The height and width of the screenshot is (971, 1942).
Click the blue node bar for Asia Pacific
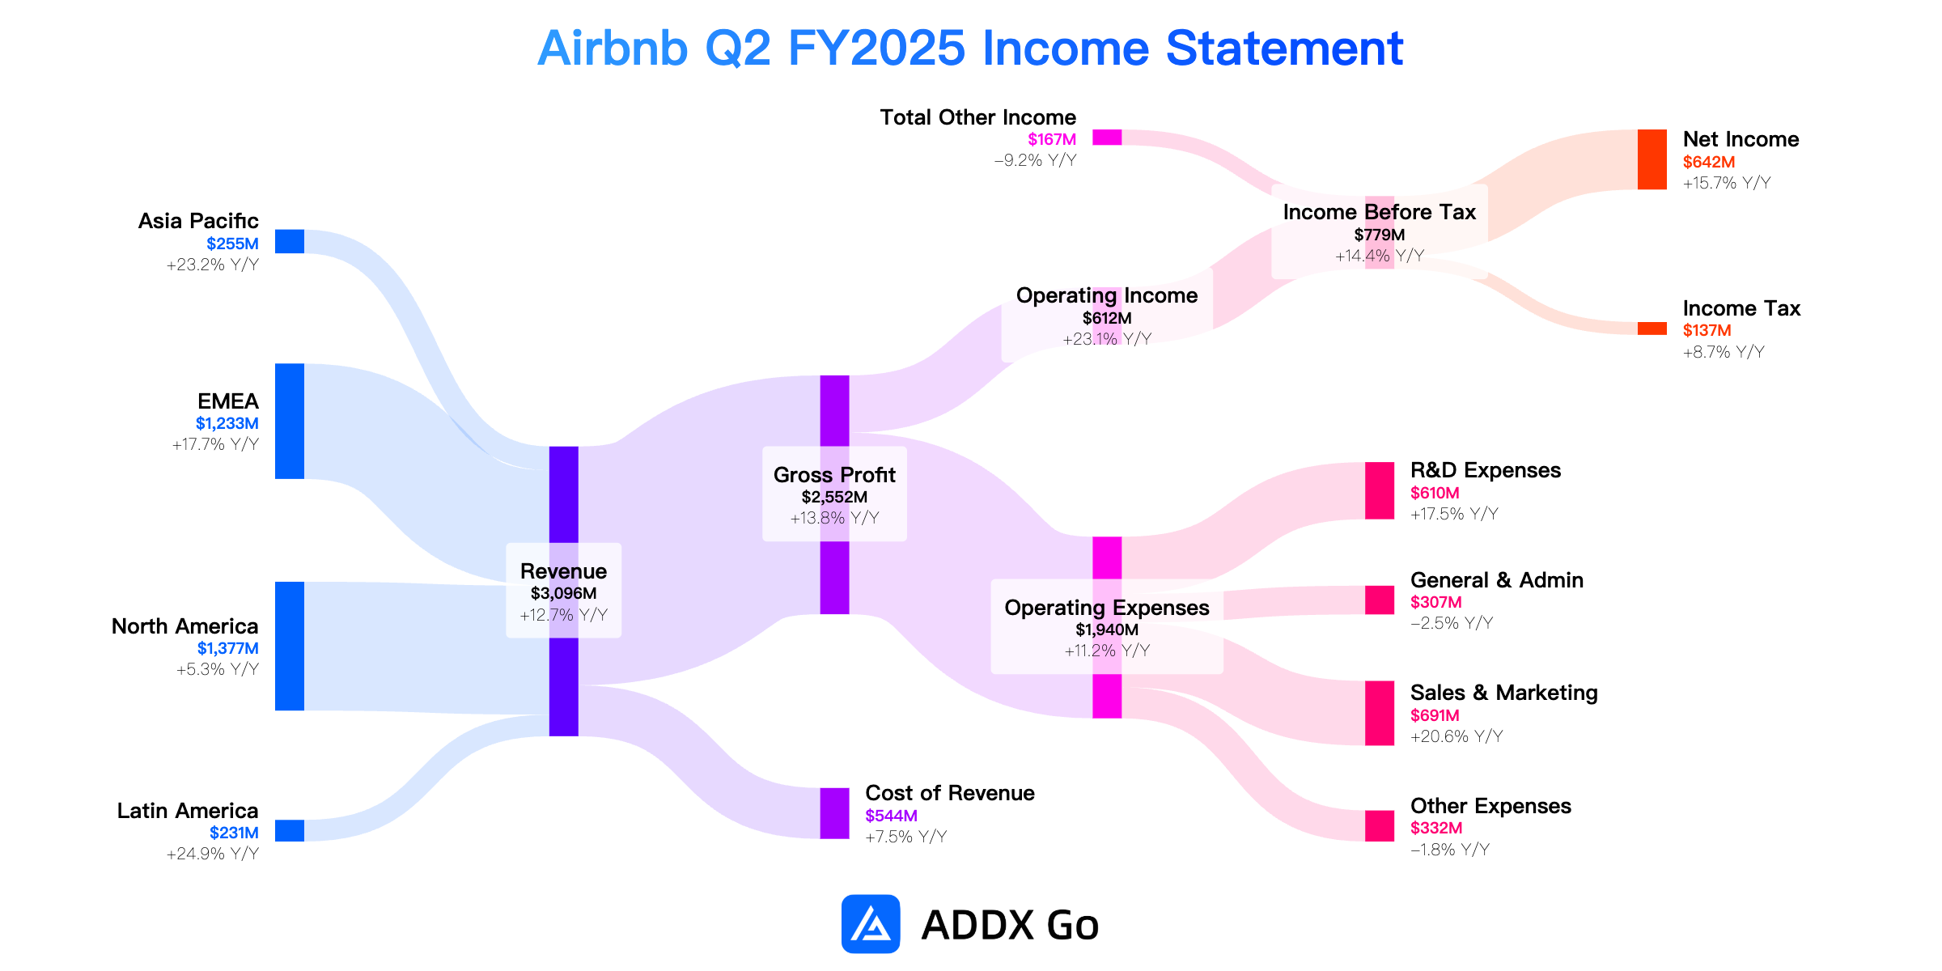pyautogui.click(x=290, y=241)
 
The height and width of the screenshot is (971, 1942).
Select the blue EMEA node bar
pyautogui.click(x=290, y=421)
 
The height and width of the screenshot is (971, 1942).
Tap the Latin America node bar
pyautogui.click(x=290, y=830)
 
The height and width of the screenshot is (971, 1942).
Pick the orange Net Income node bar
pyautogui.click(x=1652, y=159)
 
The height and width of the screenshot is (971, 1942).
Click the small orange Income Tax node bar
pyautogui.click(x=1652, y=329)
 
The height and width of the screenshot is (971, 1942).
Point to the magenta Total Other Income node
pyautogui.click(x=1107, y=138)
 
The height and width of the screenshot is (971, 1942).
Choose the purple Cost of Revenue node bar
pyautogui.click(x=834, y=813)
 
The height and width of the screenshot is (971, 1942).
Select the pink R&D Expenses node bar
pyautogui.click(x=1380, y=490)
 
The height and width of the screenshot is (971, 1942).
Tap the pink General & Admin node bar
pyautogui.click(x=1380, y=600)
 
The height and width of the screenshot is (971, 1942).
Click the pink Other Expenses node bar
pyautogui.click(x=1380, y=825)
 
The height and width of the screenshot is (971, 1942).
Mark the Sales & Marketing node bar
pyautogui.click(x=1380, y=713)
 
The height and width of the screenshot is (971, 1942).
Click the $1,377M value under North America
pyautogui.click(x=228, y=648)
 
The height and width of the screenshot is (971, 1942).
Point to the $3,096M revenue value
pyautogui.click(x=563, y=593)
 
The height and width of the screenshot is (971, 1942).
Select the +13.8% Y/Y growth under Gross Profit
pyautogui.click(x=834, y=518)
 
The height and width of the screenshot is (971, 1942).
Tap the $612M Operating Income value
pyautogui.click(x=1107, y=318)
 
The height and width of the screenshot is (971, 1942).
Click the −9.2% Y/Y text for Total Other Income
pyautogui.click(x=1035, y=160)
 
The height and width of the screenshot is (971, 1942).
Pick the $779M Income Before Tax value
pyautogui.click(x=1380, y=235)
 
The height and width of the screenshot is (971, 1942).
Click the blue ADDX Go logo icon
pyautogui.click(x=871, y=923)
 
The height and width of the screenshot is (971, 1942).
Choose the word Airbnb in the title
pyautogui.click(x=613, y=49)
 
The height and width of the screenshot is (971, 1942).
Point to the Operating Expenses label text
pyautogui.click(x=1107, y=608)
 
